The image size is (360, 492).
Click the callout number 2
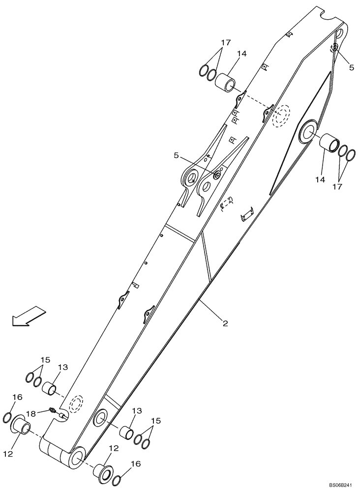point(224,323)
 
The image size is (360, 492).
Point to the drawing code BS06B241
point(340,486)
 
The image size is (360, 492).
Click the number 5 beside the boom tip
point(351,67)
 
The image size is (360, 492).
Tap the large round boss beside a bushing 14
point(310,131)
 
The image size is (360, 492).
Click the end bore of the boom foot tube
point(78,457)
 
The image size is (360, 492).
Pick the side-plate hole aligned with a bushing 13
point(100,417)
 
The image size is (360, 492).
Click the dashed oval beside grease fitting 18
point(75,404)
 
